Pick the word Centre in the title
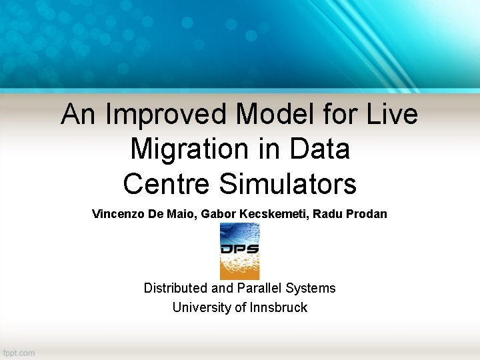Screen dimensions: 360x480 [167, 183]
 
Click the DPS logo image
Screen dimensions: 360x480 [239, 251]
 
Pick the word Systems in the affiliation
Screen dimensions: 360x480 [311, 288]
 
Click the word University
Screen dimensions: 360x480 [198, 307]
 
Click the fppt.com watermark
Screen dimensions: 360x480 [19, 352]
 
